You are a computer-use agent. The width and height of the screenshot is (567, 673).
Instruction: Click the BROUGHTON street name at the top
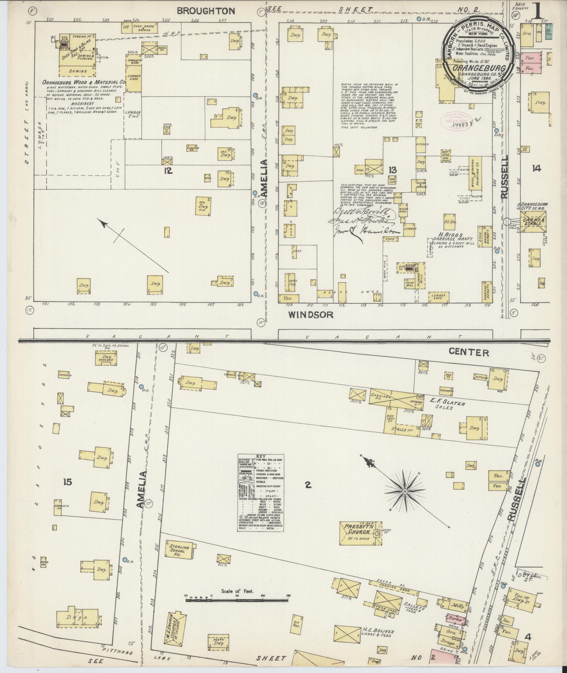click(x=206, y=11)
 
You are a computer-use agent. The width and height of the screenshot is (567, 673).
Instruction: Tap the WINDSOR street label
click(x=310, y=315)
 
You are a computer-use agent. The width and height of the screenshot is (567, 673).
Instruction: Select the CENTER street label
click(x=469, y=353)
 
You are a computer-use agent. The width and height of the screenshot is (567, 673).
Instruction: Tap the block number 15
click(x=67, y=482)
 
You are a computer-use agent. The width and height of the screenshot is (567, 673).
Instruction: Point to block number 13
click(x=392, y=170)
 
